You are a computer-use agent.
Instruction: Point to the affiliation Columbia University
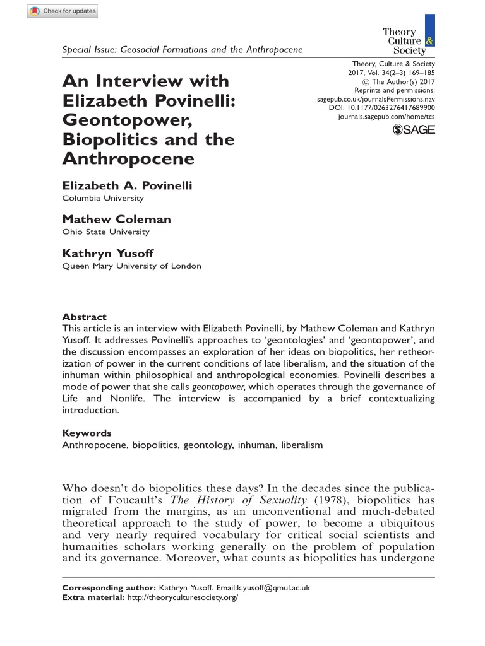click(x=102, y=198)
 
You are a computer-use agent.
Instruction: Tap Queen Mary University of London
click(x=131, y=266)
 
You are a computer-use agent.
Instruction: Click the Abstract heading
click(x=84, y=317)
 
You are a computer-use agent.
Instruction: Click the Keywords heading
click(x=87, y=433)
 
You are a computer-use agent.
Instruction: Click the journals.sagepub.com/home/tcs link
click(x=386, y=117)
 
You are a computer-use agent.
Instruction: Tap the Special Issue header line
click(x=182, y=50)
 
